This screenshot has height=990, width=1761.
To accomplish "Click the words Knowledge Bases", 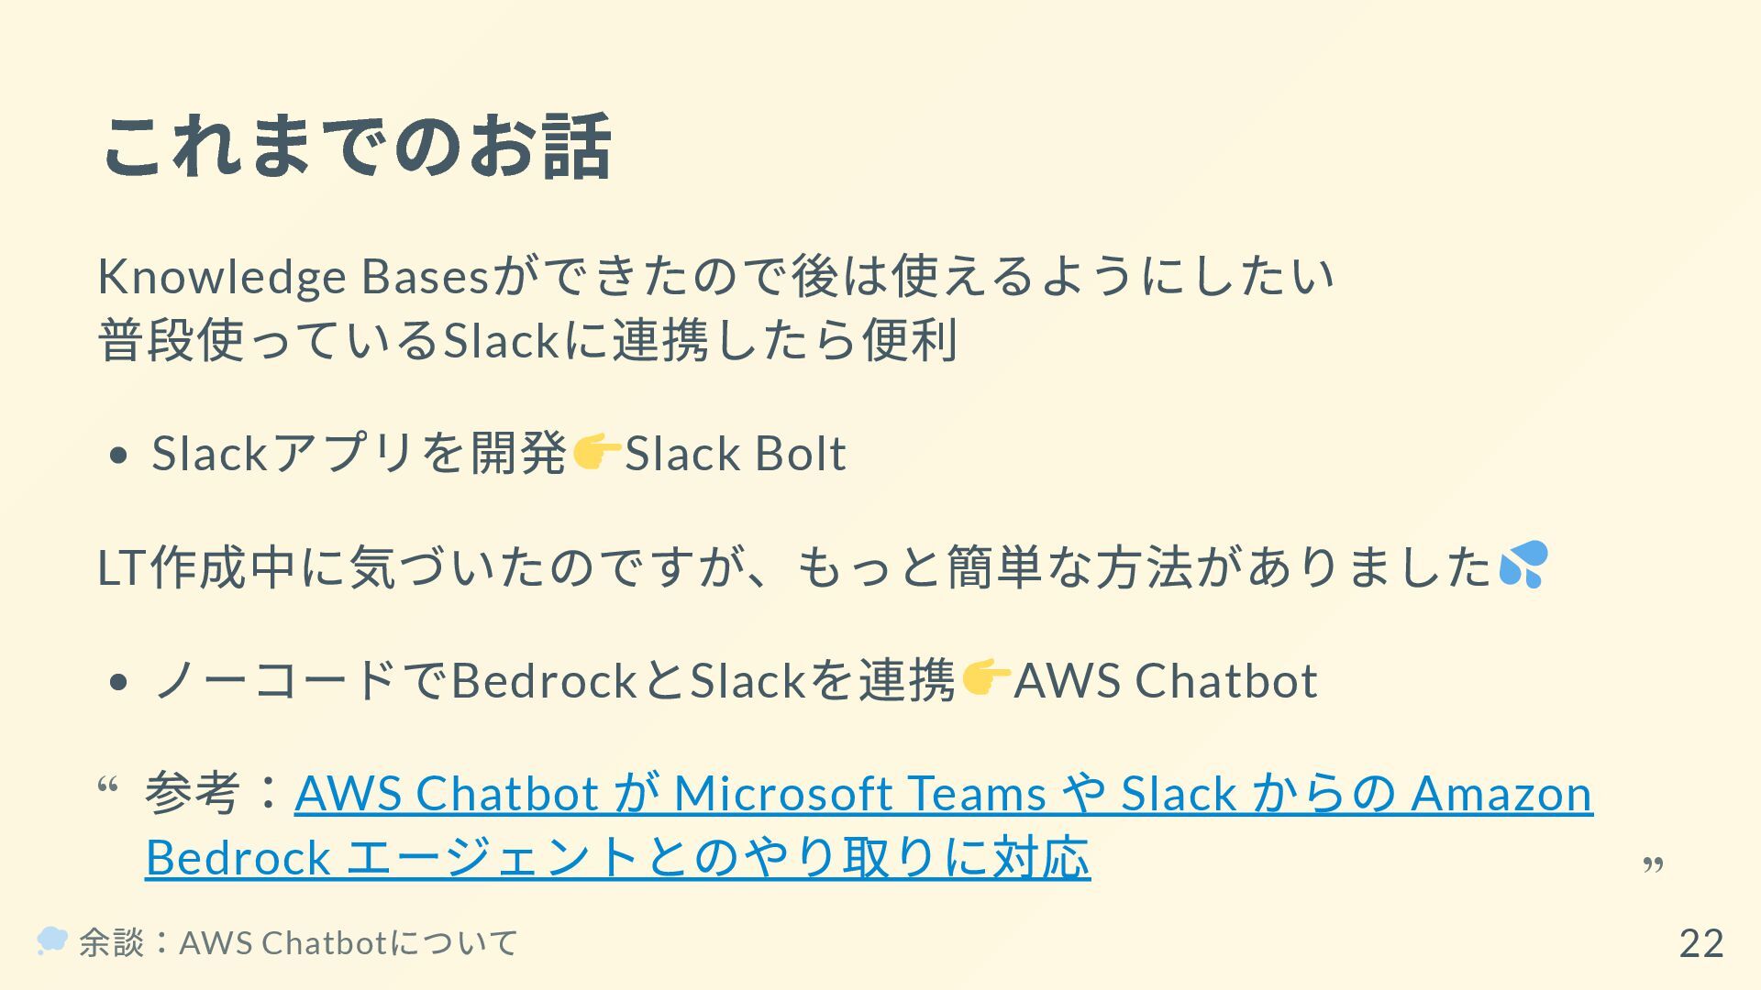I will click(293, 276).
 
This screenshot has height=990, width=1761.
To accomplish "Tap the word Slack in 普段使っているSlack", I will click(501, 340).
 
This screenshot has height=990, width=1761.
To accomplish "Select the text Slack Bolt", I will click(735, 453).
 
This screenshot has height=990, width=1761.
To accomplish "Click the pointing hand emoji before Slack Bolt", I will click(596, 452).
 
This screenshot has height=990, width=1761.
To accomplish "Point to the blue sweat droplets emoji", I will click(1523, 564).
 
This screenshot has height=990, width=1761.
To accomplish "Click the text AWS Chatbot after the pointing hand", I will click(1165, 680).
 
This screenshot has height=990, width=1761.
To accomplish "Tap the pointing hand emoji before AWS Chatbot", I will click(985, 678).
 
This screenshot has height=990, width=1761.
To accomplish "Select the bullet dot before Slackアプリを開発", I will click(116, 456).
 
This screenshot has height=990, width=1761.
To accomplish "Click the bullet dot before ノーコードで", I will click(116, 683).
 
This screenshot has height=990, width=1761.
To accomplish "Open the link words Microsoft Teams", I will click(859, 793).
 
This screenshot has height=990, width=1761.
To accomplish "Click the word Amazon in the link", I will click(1501, 793).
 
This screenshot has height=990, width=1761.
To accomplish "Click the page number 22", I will click(1700, 943).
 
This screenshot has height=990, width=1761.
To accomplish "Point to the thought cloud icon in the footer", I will click(52, 940).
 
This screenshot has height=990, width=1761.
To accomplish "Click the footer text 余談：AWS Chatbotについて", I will click(299, 942).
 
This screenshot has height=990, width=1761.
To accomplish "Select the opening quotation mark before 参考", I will click(106, 786).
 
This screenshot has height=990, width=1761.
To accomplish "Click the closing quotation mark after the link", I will click(1653, 864).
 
